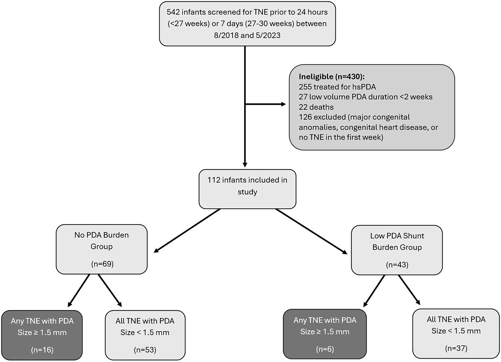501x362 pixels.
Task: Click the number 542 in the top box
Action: (173, 12)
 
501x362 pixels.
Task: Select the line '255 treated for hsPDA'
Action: (337, 87)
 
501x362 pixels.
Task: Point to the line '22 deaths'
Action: (316, 107)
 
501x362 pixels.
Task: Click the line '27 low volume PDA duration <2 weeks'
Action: (365, 97)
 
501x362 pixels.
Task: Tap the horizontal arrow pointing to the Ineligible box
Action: (266, 104)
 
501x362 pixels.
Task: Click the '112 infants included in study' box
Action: (247, 189)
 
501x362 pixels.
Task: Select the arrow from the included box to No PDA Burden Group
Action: (187, 231)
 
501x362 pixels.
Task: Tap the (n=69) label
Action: (102, 264)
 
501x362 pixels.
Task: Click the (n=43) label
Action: (397, 265)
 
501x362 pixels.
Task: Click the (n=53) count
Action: (145, 350)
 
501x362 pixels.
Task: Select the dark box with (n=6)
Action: (325, 334)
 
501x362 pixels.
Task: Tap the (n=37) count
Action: (456, 348)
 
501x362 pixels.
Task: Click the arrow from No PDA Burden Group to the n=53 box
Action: (110, 290)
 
